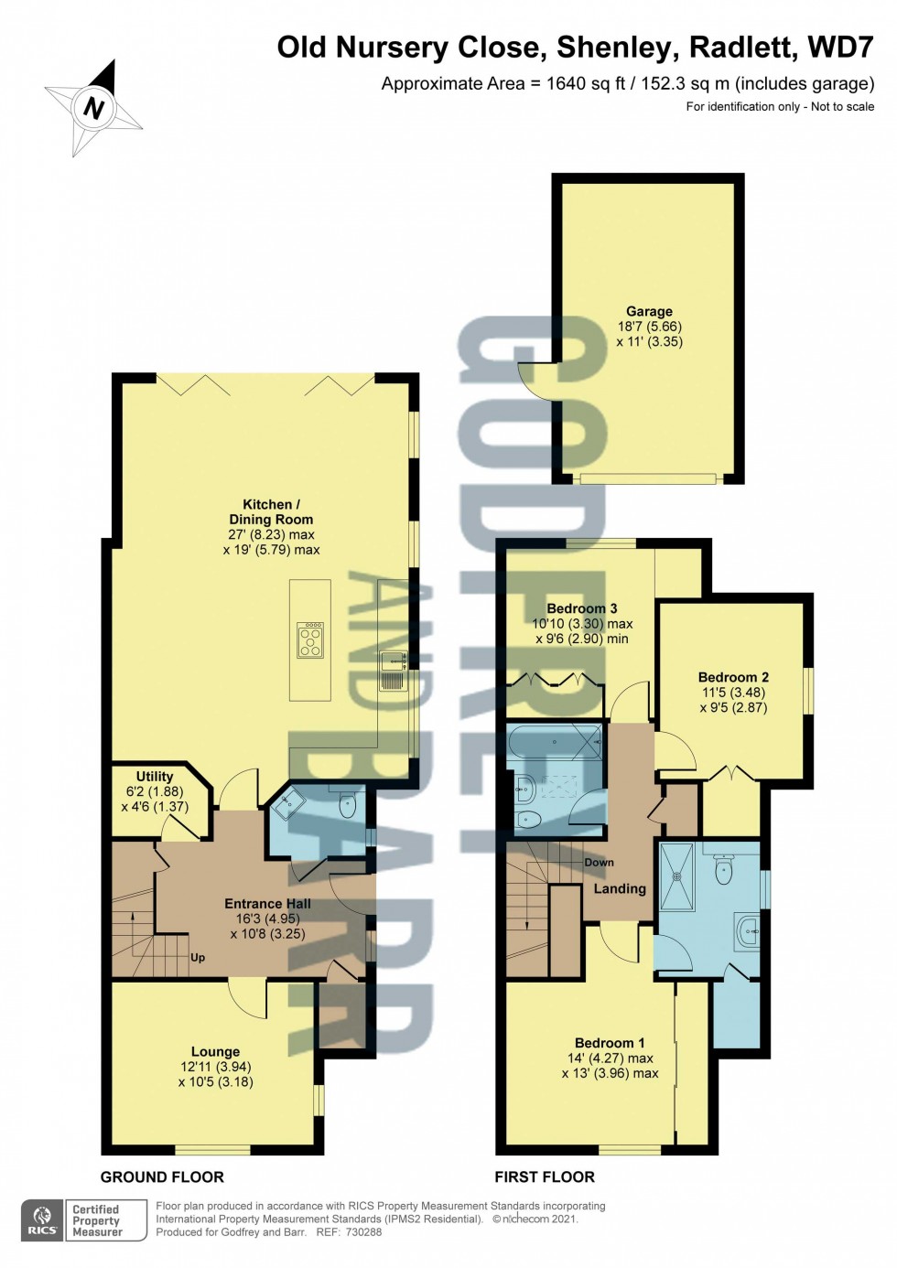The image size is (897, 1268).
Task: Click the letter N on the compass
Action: pyautogui.click(x=94, y=109)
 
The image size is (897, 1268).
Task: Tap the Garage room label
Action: pyautogui.click(x=649, y=311)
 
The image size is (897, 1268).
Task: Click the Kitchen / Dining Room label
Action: pyautogui.click(x=271, y=511)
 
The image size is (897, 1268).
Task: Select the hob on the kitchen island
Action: pyautogui.click(x=310, y=639)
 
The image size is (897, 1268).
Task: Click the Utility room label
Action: pyautogui.click(x=155, y=776)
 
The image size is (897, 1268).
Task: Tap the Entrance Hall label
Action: pyautogui.click(x=267, y=904)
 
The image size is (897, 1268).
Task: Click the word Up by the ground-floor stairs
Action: pyautogui.click(x=198, y=958)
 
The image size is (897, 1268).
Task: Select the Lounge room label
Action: pyautogui.click(x=215, y=1052)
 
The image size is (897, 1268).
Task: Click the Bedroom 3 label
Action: pyautogui.click(x=582, y=608)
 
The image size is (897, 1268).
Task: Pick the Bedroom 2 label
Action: pyautogui.click(x=733, y=677)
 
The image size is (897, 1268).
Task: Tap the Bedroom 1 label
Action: pyautogui.click(x=610, y=1043)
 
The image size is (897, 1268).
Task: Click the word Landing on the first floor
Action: pyautogui.click(x=620, y=888)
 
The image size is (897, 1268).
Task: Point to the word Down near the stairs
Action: pyautogui.click(x=600, y=863)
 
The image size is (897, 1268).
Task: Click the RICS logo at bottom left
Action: pyautogui.click(x=42, y=1220)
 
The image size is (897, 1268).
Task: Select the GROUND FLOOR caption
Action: pyautogui.click(x=162, y=1177)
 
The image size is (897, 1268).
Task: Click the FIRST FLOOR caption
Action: pyautogui.click(x=545, y=1177)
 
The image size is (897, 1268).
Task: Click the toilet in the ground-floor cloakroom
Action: pyautogui.click(x=348, y=806)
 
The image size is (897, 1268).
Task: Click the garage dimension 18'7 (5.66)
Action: pyautogui.click(x=649, y=327)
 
